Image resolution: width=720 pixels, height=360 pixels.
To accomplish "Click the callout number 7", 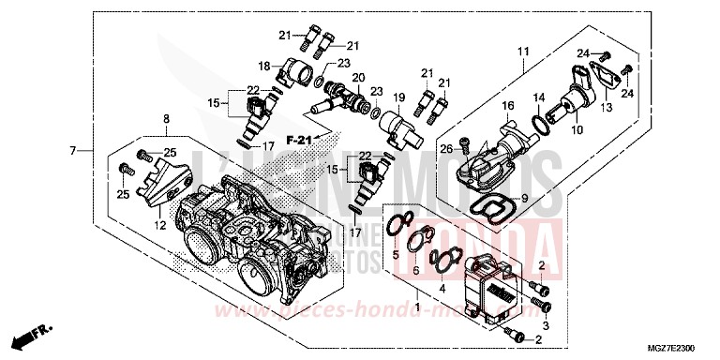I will pyautogui.click(x=72, y=150).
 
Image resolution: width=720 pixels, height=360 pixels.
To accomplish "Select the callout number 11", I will pyautogui.click(x=523, y=51).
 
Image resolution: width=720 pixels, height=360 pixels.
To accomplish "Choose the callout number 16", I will pyautogui.click(x=507, y=105).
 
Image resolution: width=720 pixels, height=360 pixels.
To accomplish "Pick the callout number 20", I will pyautogui.click(x=357, y=77).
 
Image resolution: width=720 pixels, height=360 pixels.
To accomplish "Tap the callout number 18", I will pyautogui.click(x=264, y=66).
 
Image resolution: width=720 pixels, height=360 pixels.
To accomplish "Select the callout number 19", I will pyautogui.click(x=397, y=97).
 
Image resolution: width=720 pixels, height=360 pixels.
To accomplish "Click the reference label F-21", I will pyautogui.click(x=299, y=140).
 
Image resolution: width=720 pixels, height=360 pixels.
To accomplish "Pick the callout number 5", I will pyautogui.click(x=396, y=254).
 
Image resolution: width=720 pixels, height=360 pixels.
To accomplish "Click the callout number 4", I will pyautogui.click(x=442, y=277).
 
